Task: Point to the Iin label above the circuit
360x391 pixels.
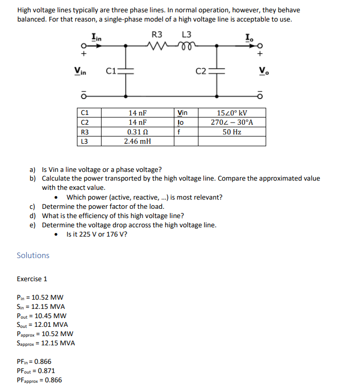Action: (x=96, y=36)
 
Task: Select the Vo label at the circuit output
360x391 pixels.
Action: (x=263, y=71)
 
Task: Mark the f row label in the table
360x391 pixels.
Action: (x=178, y=132)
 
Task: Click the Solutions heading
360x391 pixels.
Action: (x=33, y=256)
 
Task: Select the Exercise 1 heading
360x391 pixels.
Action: (x=32, y=279)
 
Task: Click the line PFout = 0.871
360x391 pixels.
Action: (x=36, y=371)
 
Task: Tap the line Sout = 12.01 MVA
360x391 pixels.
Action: (x=43, y=325)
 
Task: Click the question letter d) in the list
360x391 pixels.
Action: (x=33, y=216)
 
